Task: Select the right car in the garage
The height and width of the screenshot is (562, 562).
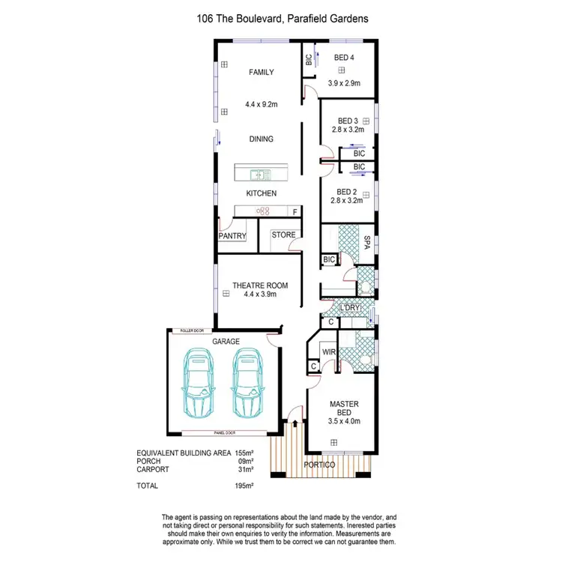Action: (249, 385)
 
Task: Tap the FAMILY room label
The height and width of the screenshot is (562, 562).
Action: (262, 73)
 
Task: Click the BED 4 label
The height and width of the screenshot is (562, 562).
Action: (344, 58)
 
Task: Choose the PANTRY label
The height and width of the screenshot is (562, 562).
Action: (232, 236)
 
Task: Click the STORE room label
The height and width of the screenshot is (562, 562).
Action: (283, 235)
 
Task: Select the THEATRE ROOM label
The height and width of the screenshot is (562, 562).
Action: (260, 285)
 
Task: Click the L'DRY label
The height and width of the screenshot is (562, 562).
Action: (350, 309)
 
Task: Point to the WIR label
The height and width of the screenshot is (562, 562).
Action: (327, 351)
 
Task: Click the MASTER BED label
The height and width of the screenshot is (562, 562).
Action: (344, 409)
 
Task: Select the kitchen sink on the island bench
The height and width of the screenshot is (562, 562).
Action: (261, 175)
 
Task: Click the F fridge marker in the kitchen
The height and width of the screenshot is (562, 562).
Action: (294, 212)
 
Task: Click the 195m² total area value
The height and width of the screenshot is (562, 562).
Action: (244, 486)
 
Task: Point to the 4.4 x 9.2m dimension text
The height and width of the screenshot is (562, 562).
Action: (262, 106)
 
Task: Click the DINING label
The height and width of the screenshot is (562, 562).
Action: (261, 139)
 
